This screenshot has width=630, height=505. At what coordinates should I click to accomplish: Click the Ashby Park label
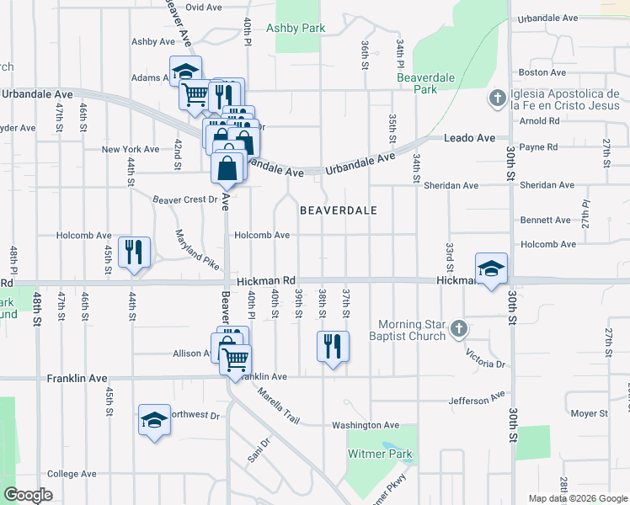(296, 28)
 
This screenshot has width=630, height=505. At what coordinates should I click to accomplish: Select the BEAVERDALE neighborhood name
(338, 210)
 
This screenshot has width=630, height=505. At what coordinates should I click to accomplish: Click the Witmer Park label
(381, 454)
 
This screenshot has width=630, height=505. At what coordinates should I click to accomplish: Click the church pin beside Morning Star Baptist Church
(458, 327)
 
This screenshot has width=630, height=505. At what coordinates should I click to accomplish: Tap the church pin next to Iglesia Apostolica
(497, 98)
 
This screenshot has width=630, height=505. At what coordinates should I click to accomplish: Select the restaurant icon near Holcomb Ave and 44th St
(134, 252)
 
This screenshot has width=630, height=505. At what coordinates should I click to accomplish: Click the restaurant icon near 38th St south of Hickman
(333, 345)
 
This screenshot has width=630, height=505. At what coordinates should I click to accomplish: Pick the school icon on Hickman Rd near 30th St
(491, 268)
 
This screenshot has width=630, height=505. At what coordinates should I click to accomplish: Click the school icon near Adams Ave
(186, 71)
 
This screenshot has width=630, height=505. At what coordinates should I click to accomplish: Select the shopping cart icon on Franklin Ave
(235, 359)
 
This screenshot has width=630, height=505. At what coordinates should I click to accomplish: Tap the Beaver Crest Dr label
(184, 200)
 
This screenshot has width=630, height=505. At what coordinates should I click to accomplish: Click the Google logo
(28, 495)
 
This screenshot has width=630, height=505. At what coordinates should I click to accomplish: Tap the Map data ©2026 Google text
(578, 498)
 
